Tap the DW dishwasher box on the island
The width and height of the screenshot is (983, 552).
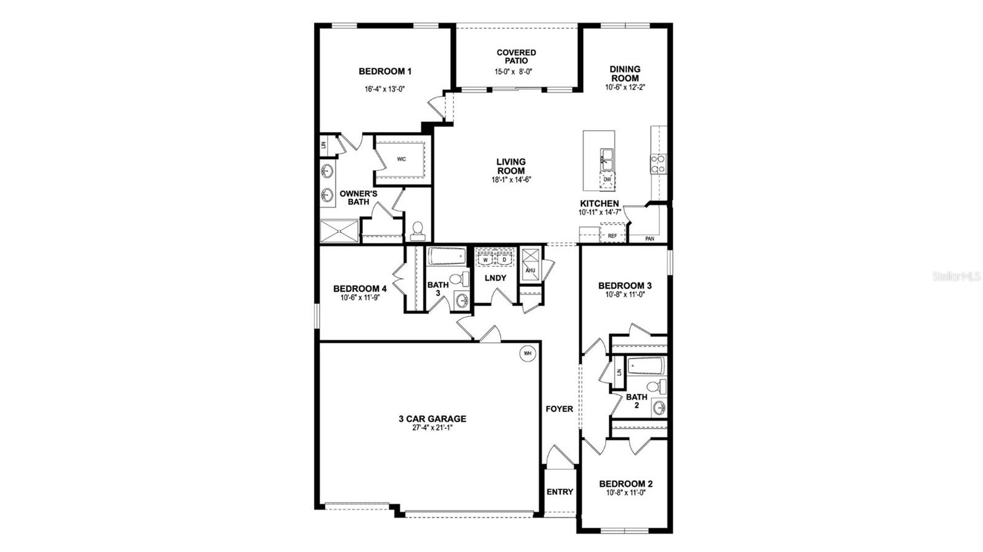(607, 179)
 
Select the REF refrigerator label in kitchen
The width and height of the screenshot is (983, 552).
(613, 235)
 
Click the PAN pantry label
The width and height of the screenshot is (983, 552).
(649, 239)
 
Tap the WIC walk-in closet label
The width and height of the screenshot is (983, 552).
(401, 159)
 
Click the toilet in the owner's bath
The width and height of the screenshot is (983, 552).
(418, 230)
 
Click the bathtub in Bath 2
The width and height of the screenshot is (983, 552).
(646, 367)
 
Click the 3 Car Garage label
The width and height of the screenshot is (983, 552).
(432, 419)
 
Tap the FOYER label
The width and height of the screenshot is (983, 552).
(559, 409)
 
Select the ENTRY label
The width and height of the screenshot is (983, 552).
(559, 492)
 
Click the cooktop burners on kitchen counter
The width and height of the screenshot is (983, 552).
(658, 163)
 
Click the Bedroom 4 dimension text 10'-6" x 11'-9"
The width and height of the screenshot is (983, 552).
(359, 298)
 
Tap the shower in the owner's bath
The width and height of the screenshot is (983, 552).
(339, 231)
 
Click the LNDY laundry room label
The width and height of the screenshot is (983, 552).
(495, 278)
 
